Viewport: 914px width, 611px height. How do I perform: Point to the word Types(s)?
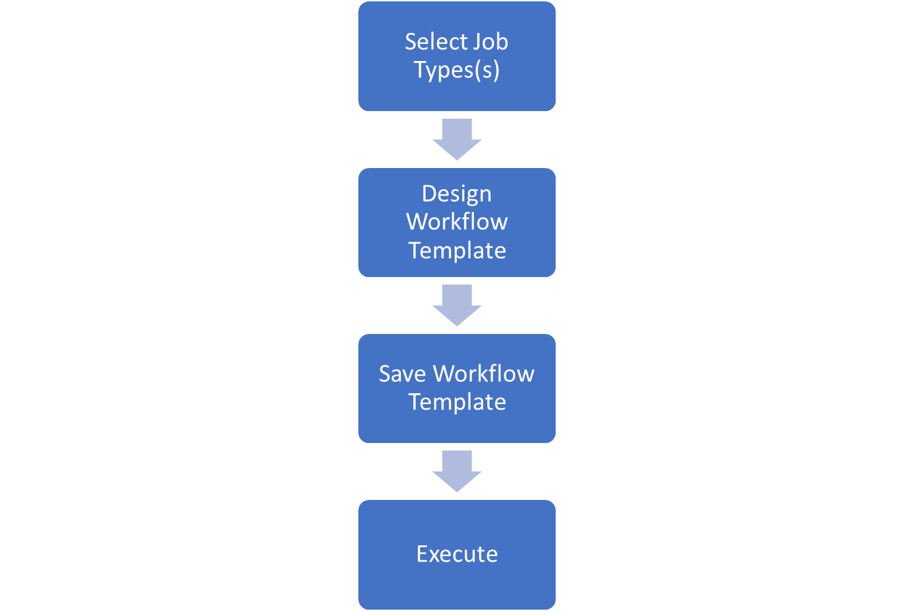pos(456,70)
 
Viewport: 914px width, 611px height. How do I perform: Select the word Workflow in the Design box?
pos(457,221)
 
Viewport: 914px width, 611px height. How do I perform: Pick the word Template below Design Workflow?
pos(457,250)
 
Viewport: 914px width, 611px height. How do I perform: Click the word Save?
pos(402,374)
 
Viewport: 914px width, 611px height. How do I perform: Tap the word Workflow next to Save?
pos(484,373)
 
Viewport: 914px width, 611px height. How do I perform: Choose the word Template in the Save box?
pos(457,402)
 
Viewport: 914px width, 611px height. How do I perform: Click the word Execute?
pos(457,554)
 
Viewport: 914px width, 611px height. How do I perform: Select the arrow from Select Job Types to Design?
pos(457,139)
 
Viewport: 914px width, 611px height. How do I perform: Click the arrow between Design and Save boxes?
pos(457,305)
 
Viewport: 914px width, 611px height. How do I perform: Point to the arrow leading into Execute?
pos(457,471)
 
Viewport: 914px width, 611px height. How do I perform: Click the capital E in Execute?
pos(422,554)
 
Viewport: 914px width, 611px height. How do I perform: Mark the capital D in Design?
pos(430,193)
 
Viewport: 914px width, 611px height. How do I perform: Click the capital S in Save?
pos(385,374)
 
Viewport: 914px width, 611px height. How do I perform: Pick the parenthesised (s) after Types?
pos(486,70)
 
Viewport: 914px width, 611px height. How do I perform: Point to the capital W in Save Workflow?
pos(445,374)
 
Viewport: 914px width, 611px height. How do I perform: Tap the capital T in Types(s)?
pos(421,69)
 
